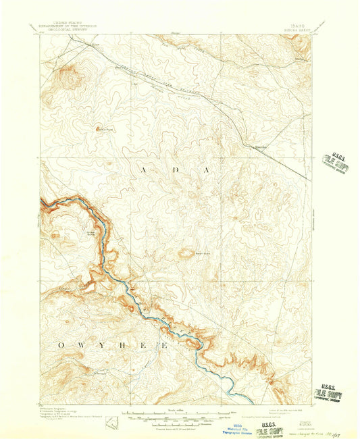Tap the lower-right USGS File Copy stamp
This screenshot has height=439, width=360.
click(329, 393)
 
